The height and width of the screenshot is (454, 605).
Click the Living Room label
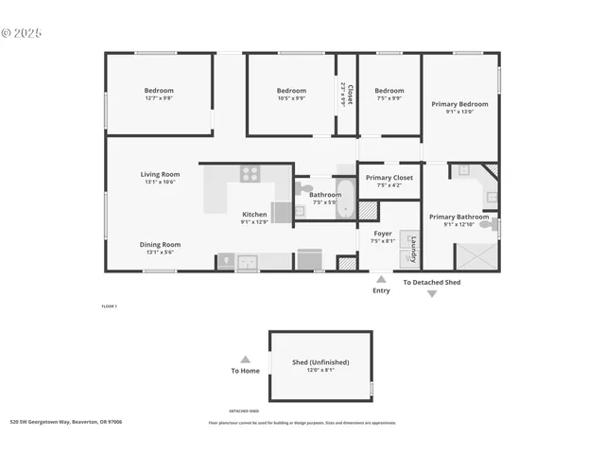click(160, 174)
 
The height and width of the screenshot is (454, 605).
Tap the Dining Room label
click(160, 244)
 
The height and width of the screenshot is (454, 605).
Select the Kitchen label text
click(254, 214)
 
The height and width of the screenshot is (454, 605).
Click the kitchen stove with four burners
click(250, 173)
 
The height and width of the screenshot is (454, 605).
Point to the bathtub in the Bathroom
click(345, 200)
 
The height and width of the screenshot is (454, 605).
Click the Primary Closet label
click(389, 178)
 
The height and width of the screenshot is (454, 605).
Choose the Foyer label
click(383, 233)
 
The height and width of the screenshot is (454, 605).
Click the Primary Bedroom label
click(459, 104)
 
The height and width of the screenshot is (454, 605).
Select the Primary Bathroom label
click(459, 217)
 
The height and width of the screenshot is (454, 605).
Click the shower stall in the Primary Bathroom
click(475, 256)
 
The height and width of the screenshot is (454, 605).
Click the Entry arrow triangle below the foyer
click(381, 279)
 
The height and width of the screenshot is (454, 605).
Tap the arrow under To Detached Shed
click(432, 294)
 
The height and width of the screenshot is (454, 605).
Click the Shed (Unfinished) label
click(320, 362)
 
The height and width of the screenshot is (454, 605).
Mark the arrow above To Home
click(245, 359)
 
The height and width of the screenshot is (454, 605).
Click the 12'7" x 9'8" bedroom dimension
click(159, 98)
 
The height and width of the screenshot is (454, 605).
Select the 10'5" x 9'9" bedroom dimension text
click(291, 98)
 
